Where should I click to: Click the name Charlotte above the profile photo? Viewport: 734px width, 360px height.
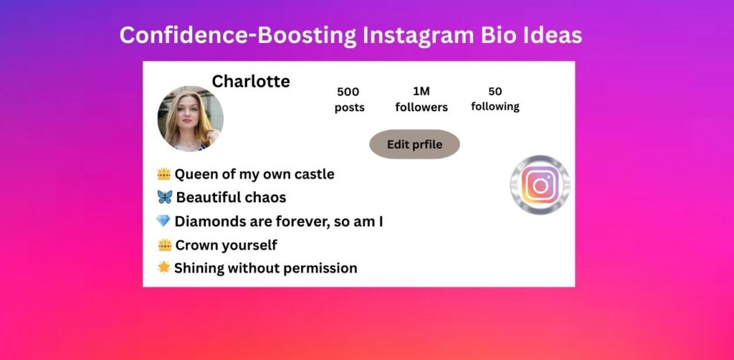pos(251,81)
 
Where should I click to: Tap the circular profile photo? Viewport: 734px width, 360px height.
pos(191,118)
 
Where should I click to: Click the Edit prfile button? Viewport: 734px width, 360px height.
pos(414,144)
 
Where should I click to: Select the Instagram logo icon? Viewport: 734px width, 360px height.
pos(540,185)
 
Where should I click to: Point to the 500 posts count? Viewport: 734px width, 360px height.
pos(348,92)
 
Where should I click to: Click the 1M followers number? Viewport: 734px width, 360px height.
pos(421,91)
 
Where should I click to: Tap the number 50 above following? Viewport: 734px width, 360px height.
pos(495,91)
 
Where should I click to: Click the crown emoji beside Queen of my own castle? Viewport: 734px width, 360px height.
pos(164,174)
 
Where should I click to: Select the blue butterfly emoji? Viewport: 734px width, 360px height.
pos(164,197)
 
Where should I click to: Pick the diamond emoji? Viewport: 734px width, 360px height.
pos(163,221)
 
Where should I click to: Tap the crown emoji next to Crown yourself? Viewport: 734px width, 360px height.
pos(164,245)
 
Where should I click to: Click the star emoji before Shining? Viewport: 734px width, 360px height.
pos(163,267)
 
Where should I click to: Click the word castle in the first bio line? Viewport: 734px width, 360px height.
pos(313,174)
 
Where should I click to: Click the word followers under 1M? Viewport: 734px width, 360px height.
pos(421,107)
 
